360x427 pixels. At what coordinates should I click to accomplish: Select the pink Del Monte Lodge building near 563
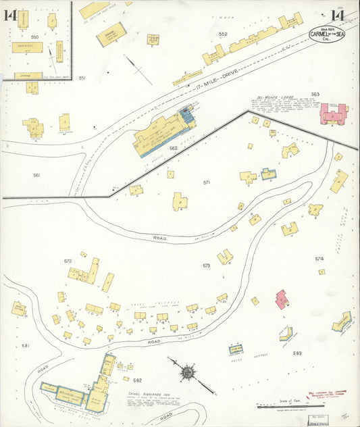click(333, 113)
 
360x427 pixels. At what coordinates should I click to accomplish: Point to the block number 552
click(223, 34)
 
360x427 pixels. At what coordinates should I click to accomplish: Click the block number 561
click(36, 176)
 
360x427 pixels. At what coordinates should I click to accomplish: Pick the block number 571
click(207, 182)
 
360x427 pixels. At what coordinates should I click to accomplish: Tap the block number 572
click(68, 261)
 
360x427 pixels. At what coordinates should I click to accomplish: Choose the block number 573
click(206, 266)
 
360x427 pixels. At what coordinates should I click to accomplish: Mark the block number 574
click(319, 258)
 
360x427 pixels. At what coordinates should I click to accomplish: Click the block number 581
click(26, 346)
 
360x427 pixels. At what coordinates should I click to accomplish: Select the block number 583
click(297, 353)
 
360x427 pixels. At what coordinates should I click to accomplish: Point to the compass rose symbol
click(186, 372)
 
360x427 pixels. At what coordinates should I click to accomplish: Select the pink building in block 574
click(282, 299)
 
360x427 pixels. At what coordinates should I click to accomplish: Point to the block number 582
click(137, 380)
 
